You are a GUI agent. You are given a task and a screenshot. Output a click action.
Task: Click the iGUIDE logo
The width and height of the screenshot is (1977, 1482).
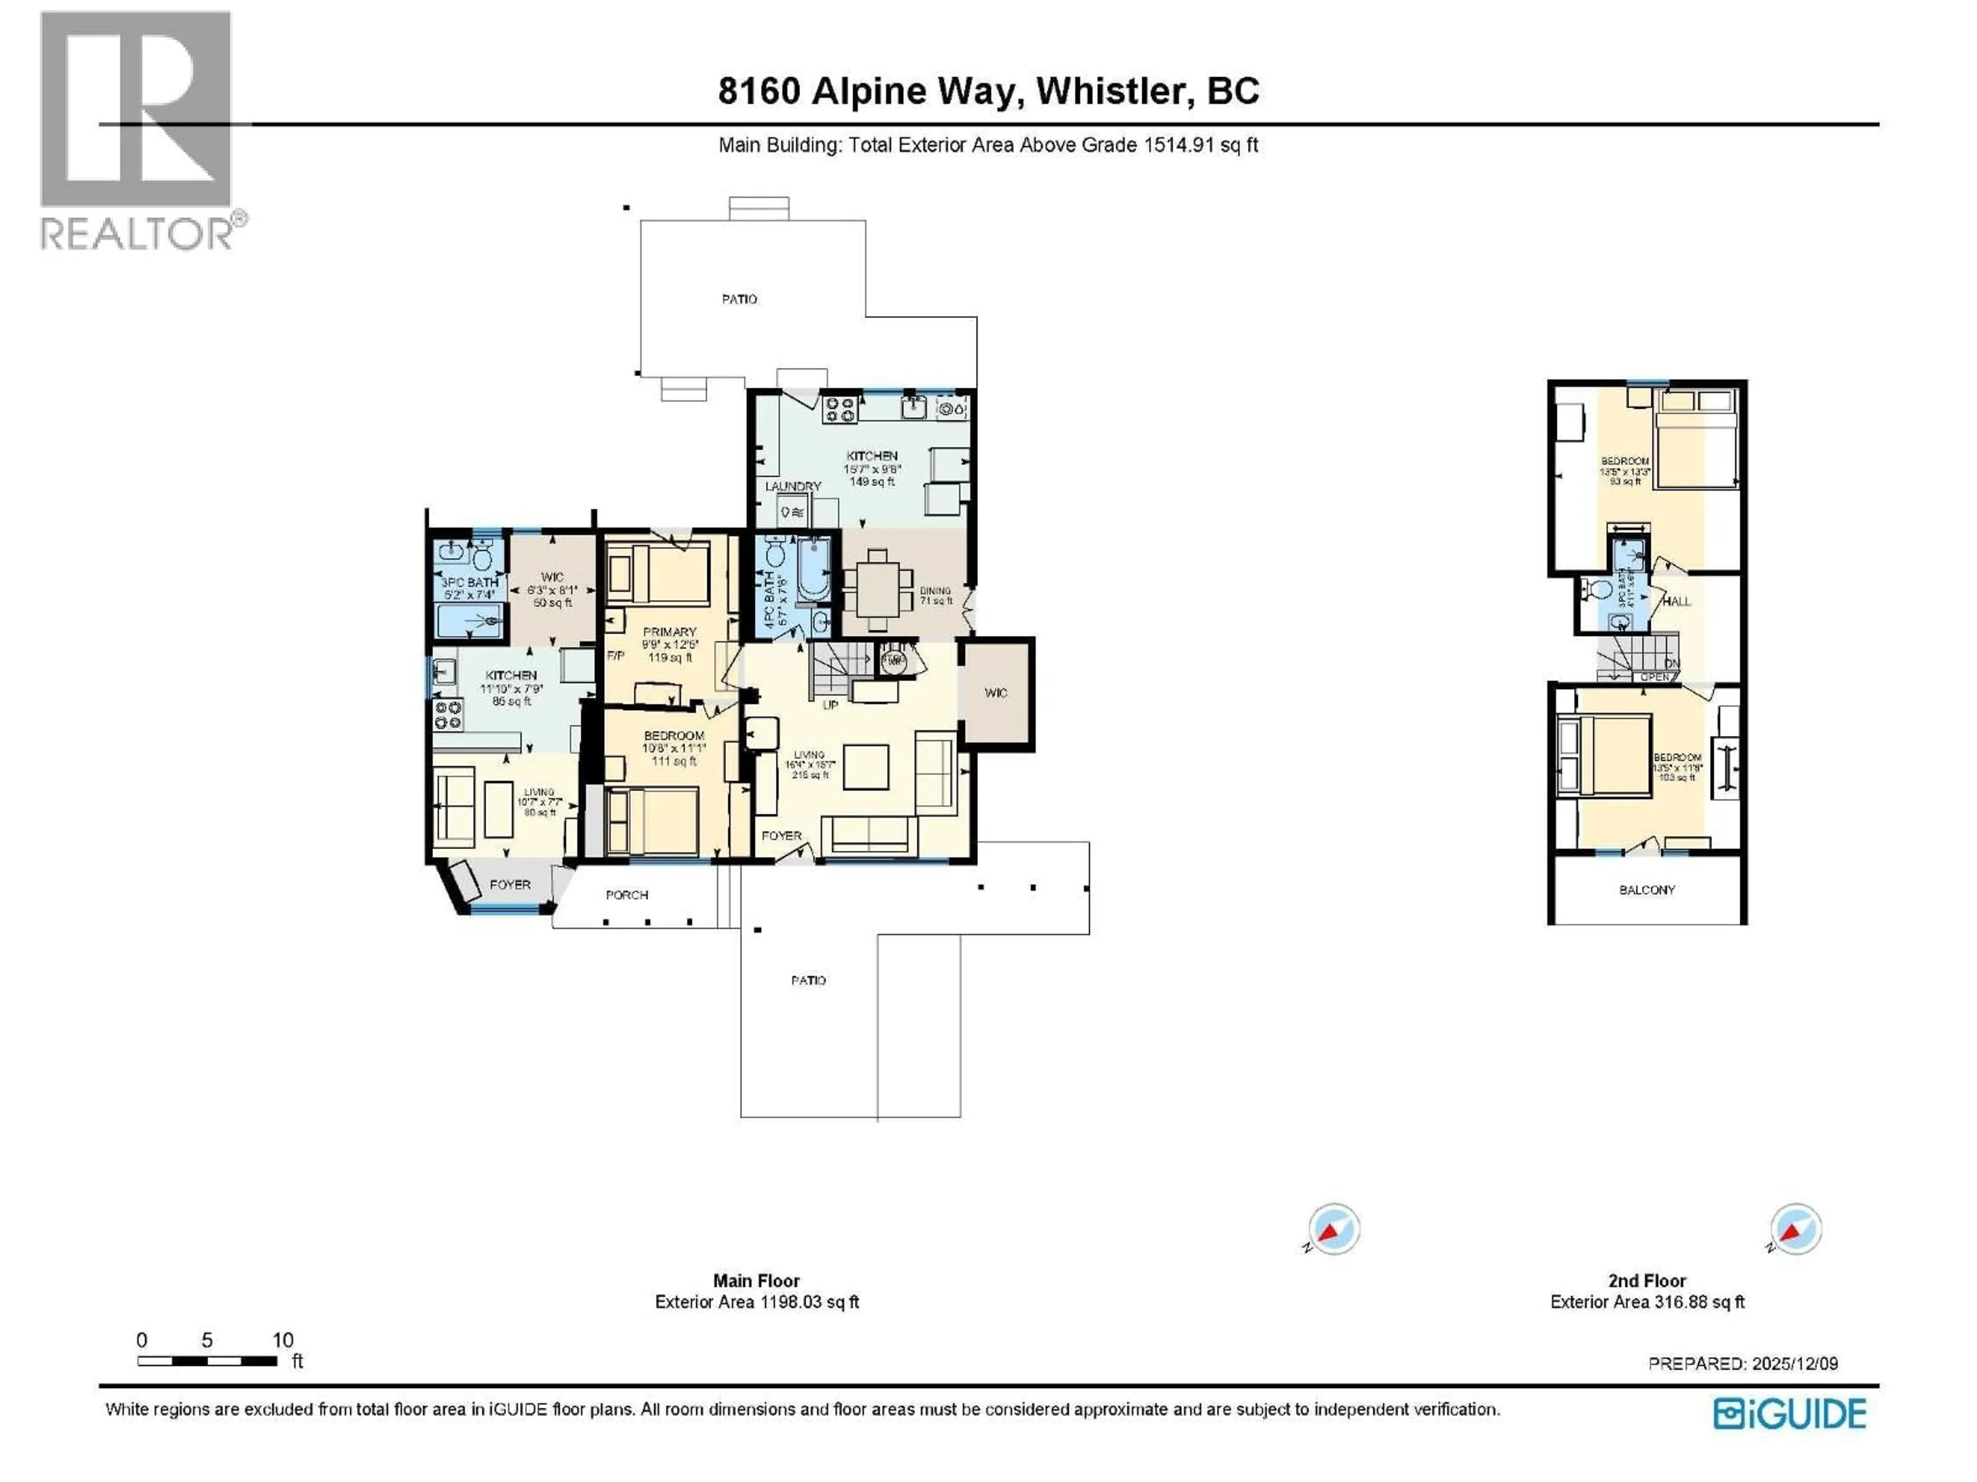1789,1414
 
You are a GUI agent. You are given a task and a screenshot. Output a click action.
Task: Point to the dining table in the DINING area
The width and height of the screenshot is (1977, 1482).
878,590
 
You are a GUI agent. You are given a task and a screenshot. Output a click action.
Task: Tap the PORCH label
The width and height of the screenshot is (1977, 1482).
627,895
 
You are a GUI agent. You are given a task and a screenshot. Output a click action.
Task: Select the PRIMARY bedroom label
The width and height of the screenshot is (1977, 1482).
669,631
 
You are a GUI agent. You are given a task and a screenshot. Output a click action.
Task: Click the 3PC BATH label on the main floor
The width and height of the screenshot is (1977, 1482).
469,583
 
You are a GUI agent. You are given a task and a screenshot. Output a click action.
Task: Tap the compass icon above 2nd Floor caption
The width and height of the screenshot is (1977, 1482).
1795,1230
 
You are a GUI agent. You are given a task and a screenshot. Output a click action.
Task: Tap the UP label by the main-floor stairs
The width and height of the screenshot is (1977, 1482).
830,705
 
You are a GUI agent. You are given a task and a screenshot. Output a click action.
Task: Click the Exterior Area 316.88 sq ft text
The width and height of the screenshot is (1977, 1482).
1646,1302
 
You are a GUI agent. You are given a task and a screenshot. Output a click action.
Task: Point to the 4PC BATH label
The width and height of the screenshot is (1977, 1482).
769,599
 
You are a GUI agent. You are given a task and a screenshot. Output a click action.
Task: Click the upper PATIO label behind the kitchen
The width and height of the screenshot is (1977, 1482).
739,299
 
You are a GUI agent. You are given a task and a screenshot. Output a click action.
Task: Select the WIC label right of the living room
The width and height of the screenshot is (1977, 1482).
996,693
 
